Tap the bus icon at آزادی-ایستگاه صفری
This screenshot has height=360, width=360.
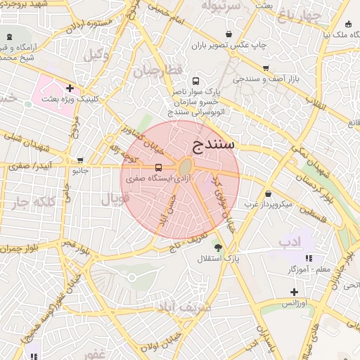(x=158, y=168)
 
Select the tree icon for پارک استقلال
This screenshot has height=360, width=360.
(x=218, y=247)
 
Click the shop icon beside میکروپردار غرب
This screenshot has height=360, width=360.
(x=268, y=193)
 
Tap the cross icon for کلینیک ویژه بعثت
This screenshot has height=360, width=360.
(x=70, y=88)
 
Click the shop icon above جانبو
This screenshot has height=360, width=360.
(x=80, y=160)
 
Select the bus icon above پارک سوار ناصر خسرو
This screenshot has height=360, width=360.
(x=195, y=81)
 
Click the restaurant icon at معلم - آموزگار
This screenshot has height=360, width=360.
(x=308, y=258)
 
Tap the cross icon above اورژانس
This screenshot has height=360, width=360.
(x=293, y=292)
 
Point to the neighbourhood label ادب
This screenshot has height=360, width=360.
(x=289, y=242)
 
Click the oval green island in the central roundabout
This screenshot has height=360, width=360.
(x=186, y=168)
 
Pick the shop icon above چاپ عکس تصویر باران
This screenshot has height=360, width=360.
(x=229, y=34)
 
